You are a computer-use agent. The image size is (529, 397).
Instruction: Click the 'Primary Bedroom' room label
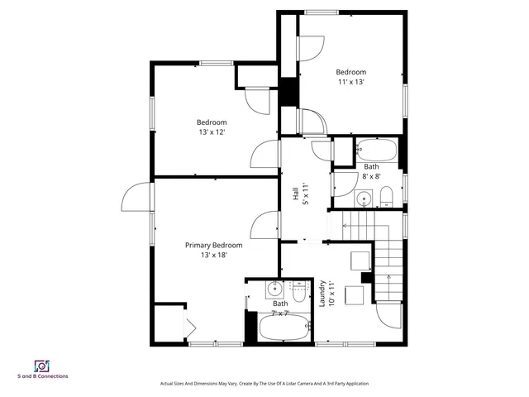[x=213, y=245]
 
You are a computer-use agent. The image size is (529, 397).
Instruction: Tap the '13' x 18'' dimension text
[x=213, y=256]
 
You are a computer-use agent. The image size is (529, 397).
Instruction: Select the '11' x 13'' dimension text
[x=350, y=82]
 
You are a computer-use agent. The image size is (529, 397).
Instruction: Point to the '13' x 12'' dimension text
[x=212, y=132]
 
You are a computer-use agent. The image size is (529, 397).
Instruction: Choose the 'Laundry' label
[x=322, y=294]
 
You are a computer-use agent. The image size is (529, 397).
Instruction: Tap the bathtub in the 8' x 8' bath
[x=376, y=151]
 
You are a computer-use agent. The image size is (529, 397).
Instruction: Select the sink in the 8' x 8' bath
[x=364, y=198]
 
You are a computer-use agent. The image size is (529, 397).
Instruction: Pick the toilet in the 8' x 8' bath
[x=386, y=197]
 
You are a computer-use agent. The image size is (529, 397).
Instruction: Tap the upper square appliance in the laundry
[x=359, y=261]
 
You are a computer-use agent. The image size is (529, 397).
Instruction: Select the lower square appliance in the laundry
[x=355, y=295]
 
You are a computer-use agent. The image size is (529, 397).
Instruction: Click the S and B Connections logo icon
[x=42, y=365]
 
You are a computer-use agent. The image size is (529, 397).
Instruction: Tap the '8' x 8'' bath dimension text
[x=371, y=176]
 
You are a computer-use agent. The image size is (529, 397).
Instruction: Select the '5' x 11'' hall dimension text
[x=304, y=195]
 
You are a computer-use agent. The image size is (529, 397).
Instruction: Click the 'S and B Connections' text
[x=43, y=376]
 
